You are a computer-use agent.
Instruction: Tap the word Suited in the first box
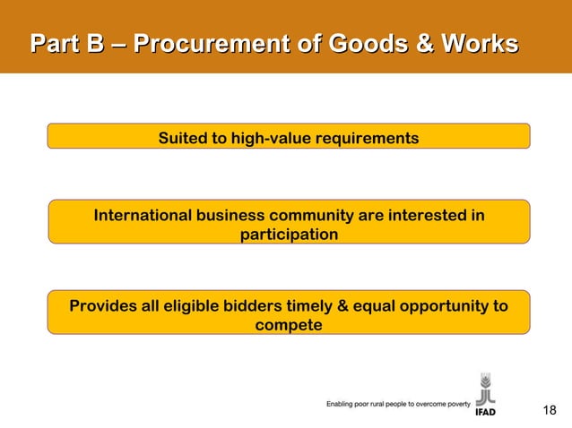181,139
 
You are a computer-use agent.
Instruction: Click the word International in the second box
142,216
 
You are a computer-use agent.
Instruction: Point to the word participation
289,235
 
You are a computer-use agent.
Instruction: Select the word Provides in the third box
104,306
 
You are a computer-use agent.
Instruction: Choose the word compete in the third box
289,325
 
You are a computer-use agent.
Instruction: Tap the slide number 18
550,410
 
